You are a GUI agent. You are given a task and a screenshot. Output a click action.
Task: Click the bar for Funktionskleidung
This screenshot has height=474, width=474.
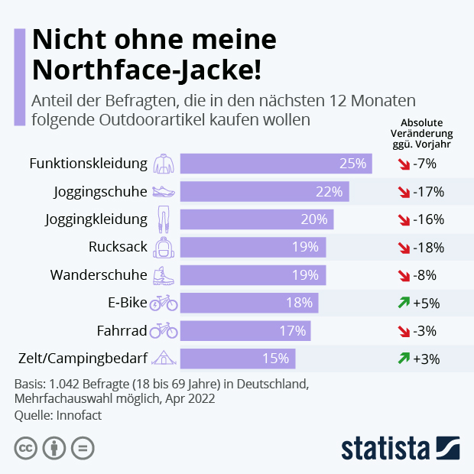(275, 164)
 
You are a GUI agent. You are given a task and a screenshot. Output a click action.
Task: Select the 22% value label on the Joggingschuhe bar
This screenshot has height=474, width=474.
(330, 191)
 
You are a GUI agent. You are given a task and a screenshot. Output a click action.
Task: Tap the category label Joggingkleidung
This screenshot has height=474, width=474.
(96, 219)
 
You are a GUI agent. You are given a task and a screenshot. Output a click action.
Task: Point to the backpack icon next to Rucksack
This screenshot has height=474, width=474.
(164, 247)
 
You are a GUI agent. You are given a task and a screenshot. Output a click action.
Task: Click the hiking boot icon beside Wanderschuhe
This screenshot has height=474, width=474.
(164, 275)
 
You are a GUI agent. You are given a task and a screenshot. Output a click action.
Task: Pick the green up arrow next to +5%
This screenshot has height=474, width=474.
(403, 303)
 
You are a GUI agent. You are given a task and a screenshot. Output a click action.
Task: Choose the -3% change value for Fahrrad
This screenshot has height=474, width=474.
(424, 330)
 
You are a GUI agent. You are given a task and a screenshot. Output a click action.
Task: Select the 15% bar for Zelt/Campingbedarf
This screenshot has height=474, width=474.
(237, 358)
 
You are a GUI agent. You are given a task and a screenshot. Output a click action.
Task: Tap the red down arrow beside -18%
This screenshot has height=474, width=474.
(403, 247)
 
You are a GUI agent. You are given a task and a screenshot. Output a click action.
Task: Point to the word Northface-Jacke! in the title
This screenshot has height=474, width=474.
(146, 70)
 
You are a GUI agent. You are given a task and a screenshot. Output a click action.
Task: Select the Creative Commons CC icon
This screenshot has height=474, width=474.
(26, 447)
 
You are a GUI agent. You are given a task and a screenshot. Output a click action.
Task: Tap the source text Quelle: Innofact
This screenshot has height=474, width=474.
(58, 415)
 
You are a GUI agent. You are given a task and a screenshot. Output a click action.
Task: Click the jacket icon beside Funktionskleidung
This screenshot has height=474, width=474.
(164, 164)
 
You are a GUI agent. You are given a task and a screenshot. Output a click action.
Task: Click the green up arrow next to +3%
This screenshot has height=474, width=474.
(403, 358)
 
